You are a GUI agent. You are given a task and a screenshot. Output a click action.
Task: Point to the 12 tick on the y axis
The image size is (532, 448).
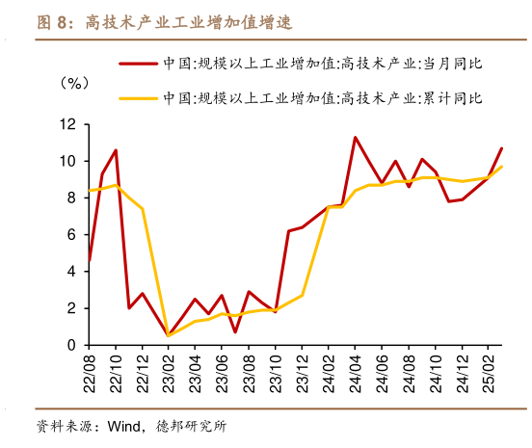pyautogui.click(x=67, y=124)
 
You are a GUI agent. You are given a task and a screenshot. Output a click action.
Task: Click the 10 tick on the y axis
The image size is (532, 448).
pyautogui.click(x=67, y=161)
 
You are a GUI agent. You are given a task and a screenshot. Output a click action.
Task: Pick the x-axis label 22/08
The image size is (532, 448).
pyautogui.click(x=90, y=370)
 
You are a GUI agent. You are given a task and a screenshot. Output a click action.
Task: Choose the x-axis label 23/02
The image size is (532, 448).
pyautogui.click(x=169, y=370)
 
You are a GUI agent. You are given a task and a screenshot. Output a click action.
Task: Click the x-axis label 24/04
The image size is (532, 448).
pyautogui.click(x=356, y=370)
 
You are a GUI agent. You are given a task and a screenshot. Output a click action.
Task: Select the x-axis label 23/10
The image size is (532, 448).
pyautogui.click(x=275, y=370)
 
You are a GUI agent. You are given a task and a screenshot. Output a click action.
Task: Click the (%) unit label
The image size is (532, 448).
pyautogui.click(x=74, y=83)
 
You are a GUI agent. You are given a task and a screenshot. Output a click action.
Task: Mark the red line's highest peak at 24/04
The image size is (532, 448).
pyautogui.click(x=355, y=137)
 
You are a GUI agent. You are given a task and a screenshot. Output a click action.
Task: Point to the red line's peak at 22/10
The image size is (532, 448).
pyautogui.click(x=116, y=150)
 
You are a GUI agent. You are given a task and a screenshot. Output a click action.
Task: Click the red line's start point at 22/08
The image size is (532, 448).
pyautogui.click(x=89, y=260)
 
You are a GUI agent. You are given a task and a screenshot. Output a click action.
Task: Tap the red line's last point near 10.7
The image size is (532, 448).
pyautogui.click(x=501, y=148)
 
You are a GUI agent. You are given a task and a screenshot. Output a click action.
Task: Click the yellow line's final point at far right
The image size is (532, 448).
pyautogui.click(x=501, y=167)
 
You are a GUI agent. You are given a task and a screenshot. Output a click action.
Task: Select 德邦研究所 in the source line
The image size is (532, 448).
pyautogui.click(x=190, y=425)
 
